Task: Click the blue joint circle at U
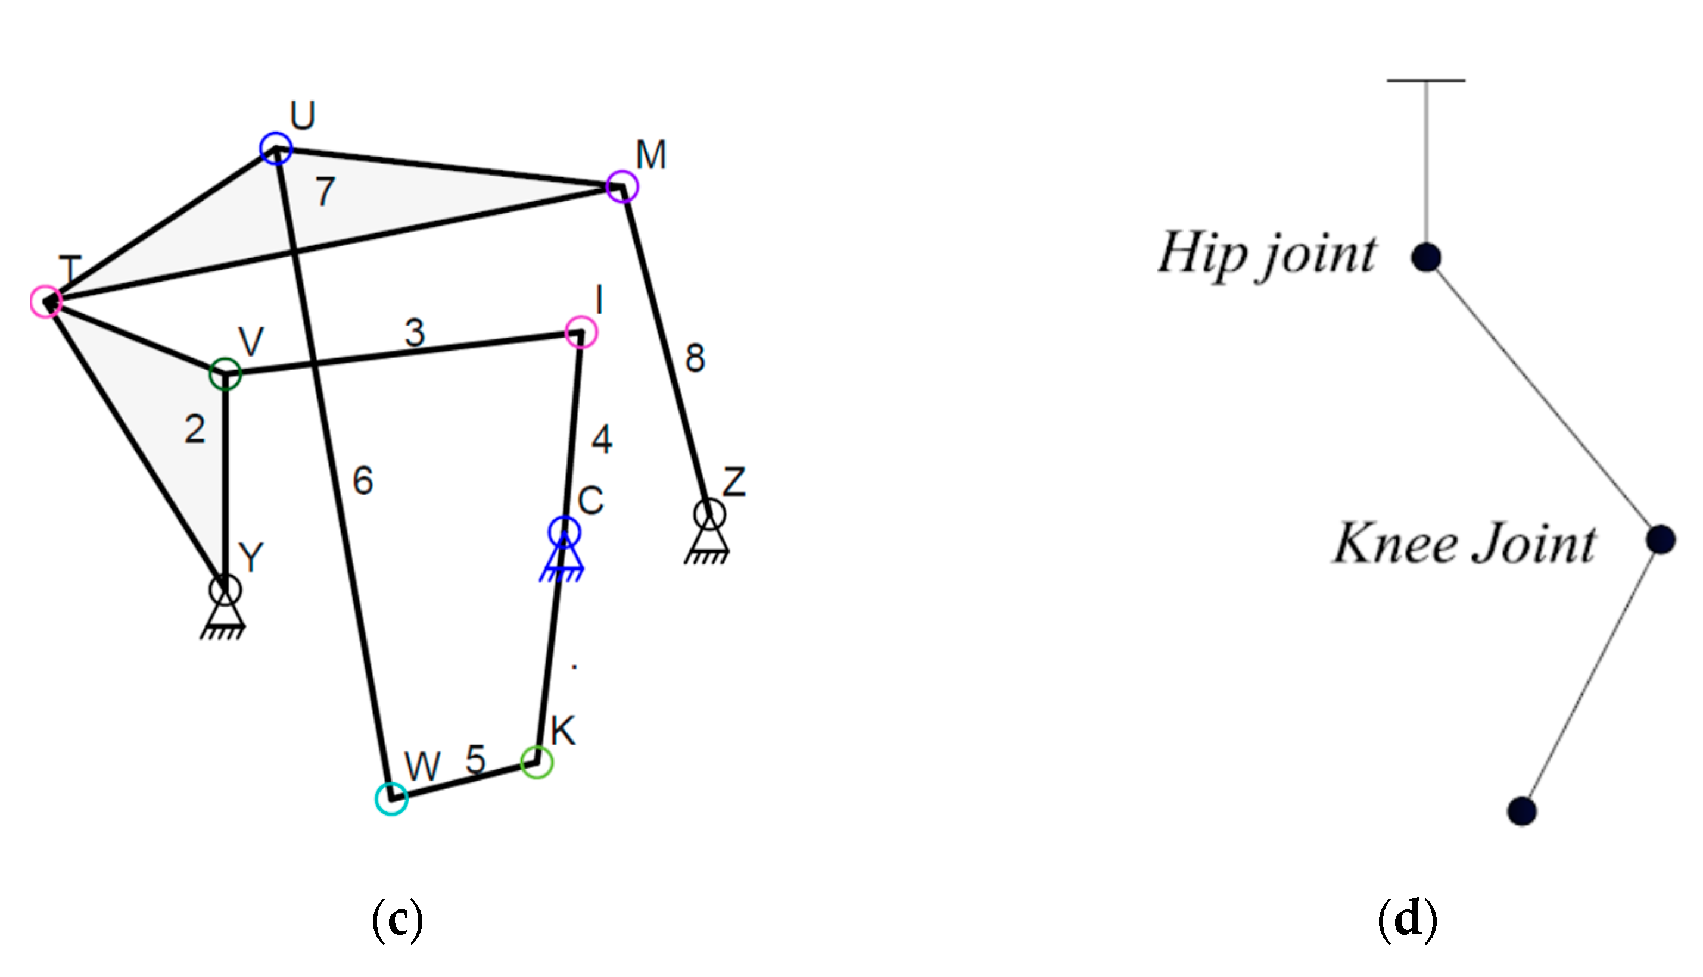coord(276,148)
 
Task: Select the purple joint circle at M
coord(622,186)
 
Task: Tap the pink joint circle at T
coord(46,301)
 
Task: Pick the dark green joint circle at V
coord(225,374)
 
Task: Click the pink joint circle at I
coord(581,332)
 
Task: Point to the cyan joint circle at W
coord(391,798)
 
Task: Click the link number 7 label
coord(326,191)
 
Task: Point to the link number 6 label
coord(363,480)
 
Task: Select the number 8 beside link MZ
coord(695,358)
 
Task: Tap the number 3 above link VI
coord(415,332)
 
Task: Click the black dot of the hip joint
coord(1426,257)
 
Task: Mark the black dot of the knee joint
coord(1660,539)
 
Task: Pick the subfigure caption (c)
coord(397,919)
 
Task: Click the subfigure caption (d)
coord(1407,919)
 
